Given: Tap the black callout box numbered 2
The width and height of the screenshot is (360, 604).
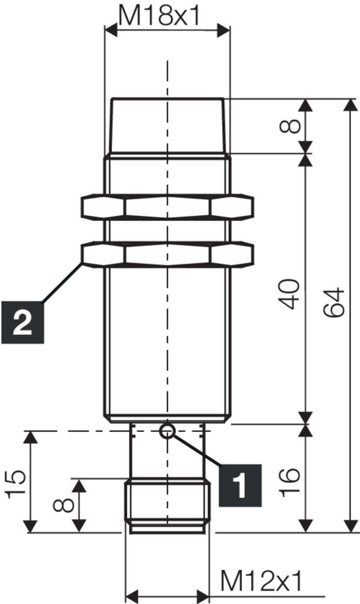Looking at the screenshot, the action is coord(22,323).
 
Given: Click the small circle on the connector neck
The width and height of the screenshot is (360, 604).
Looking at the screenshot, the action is coord(167,431).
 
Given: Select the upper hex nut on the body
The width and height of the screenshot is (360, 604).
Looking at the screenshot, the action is coord(168,207).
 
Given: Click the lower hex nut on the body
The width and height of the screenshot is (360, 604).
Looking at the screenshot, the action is coord(168,254).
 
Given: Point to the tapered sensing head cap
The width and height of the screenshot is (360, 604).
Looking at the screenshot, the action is coord(168,125).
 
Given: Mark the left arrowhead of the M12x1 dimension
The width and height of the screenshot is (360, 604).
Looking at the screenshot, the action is coord(130,594).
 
